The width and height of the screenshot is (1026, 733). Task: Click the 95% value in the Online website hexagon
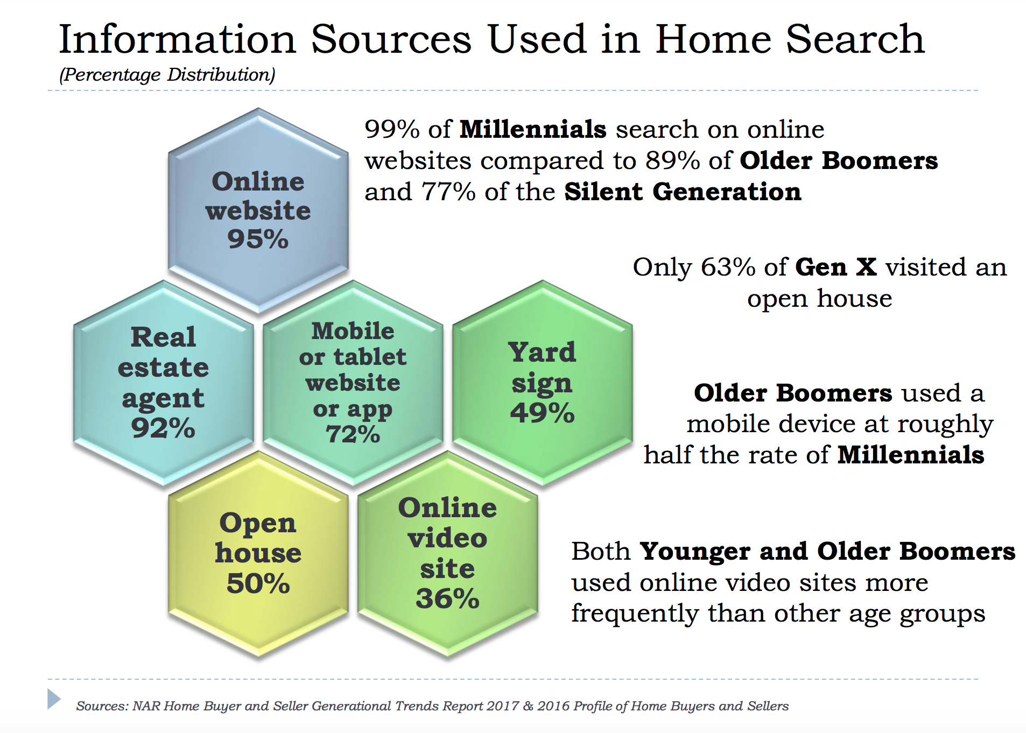tap(258, 239)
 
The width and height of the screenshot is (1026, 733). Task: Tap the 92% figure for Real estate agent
tap(163, 428)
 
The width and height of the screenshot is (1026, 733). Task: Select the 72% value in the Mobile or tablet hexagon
tap(353, 434)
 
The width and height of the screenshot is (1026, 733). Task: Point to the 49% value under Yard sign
tap(543, 413)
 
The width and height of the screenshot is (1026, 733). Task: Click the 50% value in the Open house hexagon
tap(258, 583)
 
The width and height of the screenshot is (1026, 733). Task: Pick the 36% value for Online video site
tap(447, 598)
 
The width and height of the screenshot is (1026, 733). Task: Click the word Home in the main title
tap(713, 39)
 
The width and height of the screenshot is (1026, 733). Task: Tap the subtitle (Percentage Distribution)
tap(167, 75)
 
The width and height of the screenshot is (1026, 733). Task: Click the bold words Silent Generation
tap(683, 192)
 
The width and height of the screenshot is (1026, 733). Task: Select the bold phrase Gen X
tap(836, 267)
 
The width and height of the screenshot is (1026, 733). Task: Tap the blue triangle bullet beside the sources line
tap(54, 699)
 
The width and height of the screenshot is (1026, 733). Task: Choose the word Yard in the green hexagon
tap(542, 353)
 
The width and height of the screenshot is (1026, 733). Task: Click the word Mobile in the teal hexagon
tap(353, 331)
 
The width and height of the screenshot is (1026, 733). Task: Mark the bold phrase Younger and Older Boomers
tap(827, 552)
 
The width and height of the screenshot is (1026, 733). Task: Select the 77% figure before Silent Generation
tap(448, 192)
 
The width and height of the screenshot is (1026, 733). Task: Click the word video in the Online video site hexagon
tap(447, 538)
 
